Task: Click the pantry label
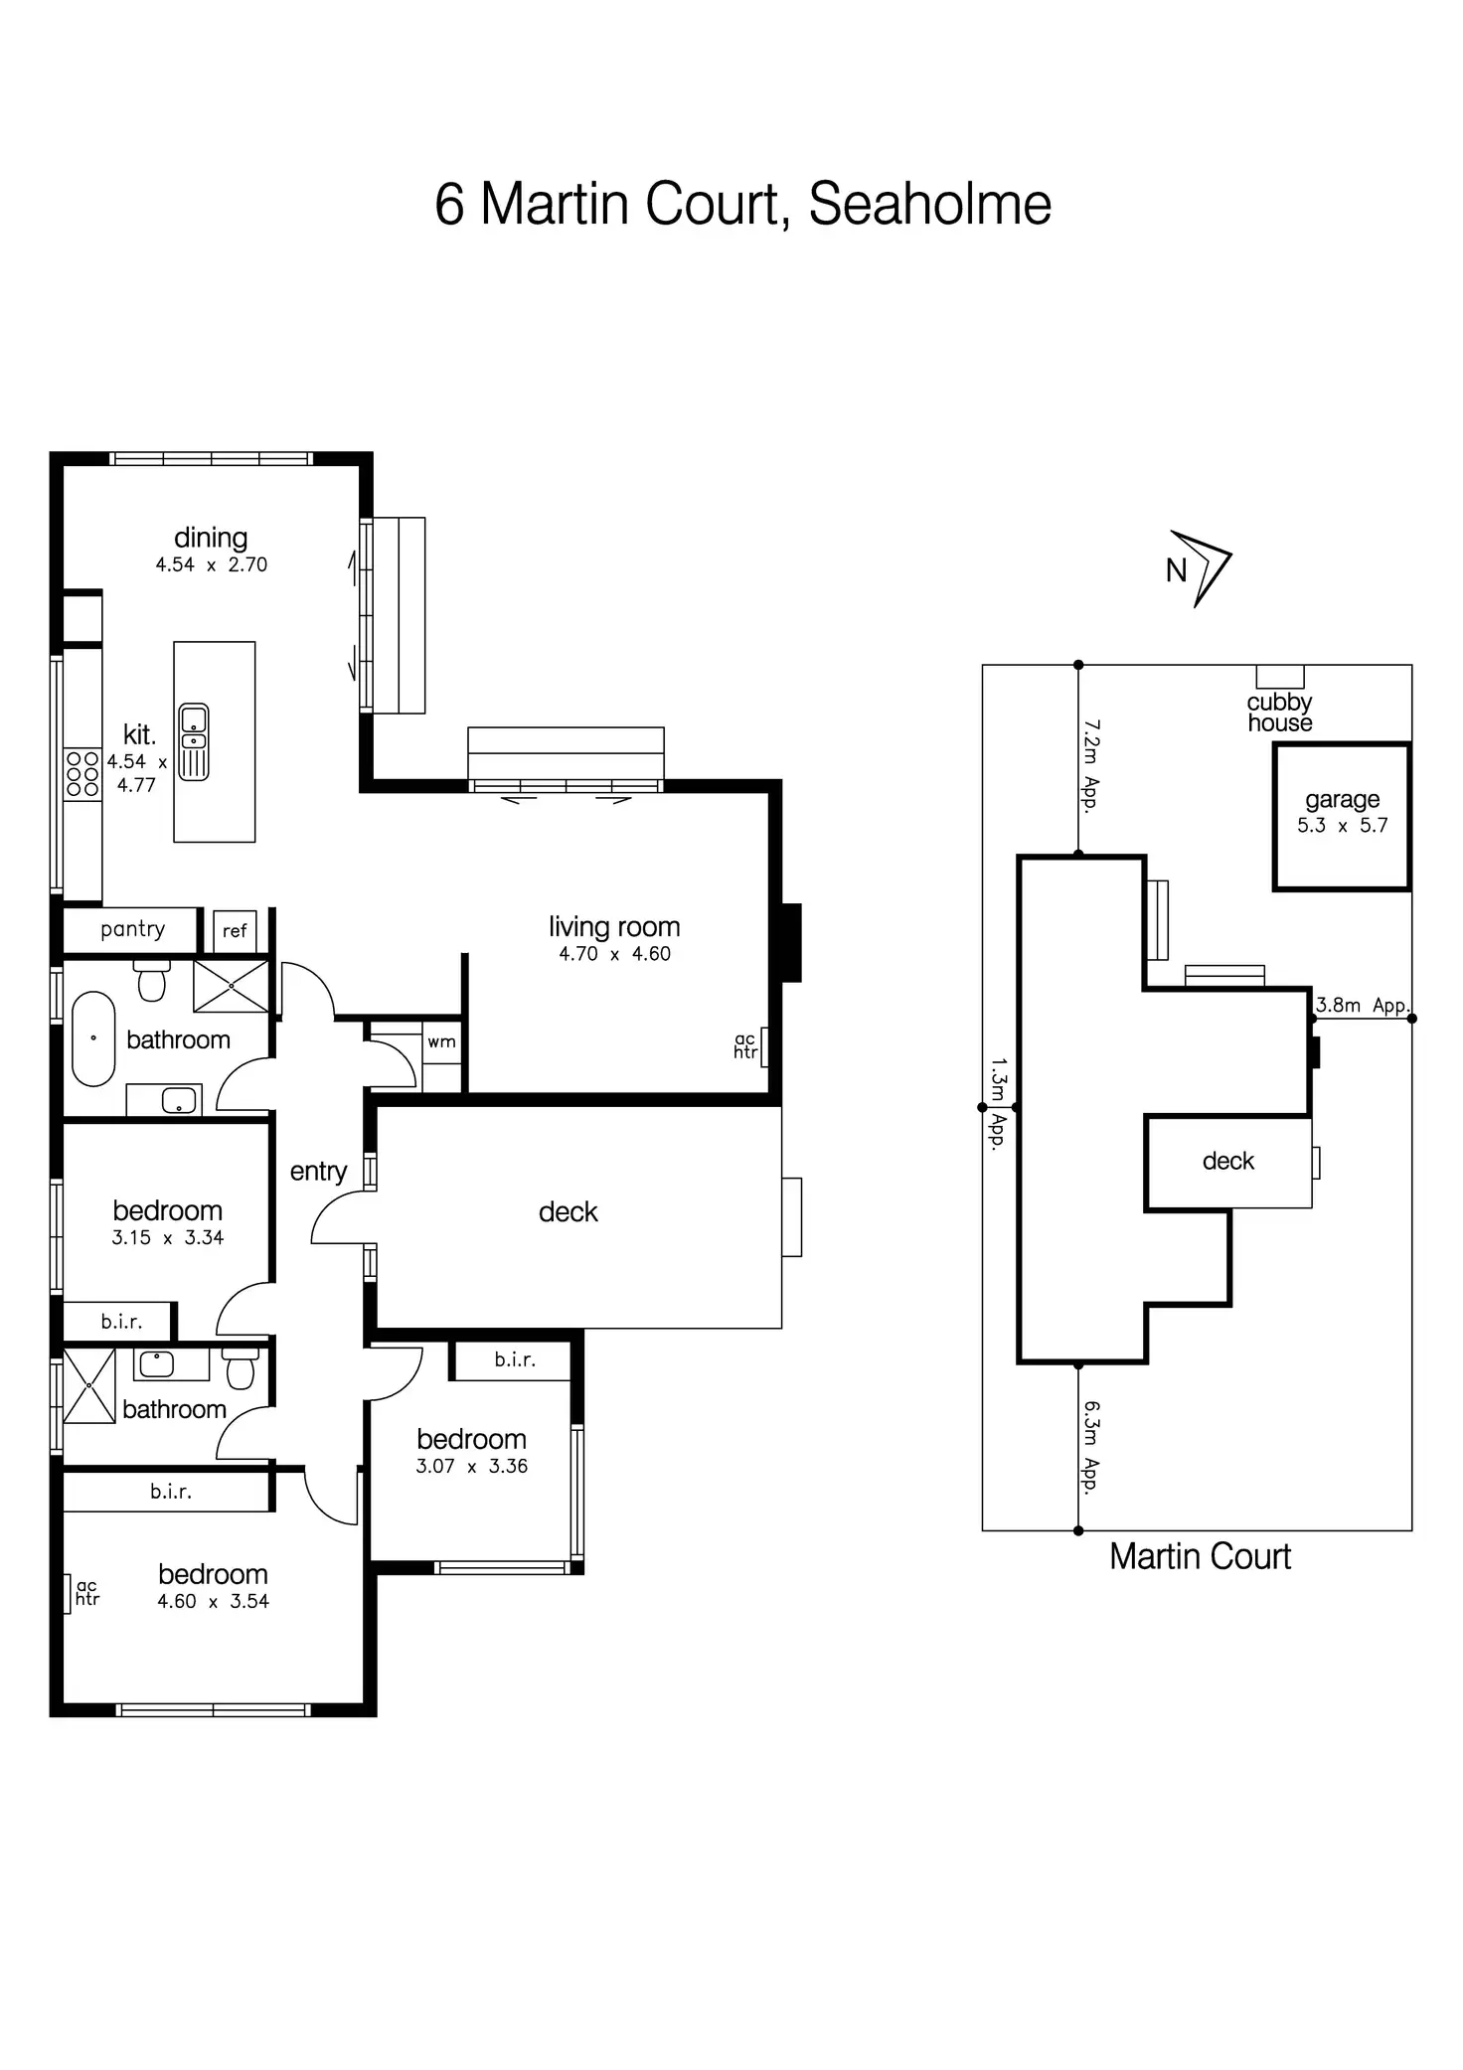click(132, 929)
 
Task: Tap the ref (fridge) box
click(235, 931)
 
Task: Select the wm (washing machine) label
click(441, 1041)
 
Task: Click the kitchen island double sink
click(194, 741)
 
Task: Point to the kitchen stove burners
click(82, 774)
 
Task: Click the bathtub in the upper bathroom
click(93, 1038)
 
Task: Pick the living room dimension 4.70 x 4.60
click(614, 954)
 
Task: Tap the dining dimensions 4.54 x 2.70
click(211, 564)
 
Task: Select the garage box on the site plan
click(1342, 816)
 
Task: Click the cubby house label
click(1279, 713)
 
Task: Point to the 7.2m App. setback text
click(1091, 766)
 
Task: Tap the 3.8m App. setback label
click(1362, 1005)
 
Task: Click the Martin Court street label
click(1200, 1556)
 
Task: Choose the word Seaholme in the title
click(929, 205)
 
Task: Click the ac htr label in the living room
click(745, 1045)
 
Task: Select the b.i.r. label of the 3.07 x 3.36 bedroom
click(515, 1359)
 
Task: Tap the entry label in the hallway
click(318, 1172)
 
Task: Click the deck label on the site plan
click(1228, 1161)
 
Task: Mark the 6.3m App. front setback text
click(1091, 1447)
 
